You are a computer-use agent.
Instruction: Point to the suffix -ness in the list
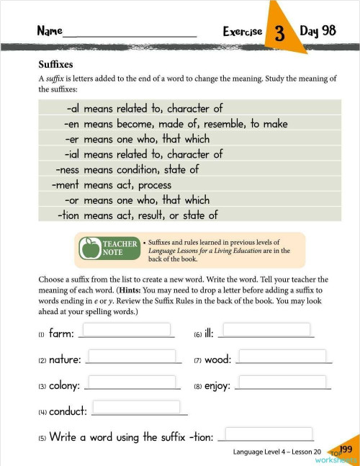coord(67,170)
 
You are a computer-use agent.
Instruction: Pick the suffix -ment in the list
coord(66,185)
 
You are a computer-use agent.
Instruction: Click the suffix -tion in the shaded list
coord(68,215)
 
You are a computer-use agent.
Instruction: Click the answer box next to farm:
coord(127,329)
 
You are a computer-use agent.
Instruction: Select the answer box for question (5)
coord(269,434)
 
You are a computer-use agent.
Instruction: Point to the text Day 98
coord(318,31)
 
